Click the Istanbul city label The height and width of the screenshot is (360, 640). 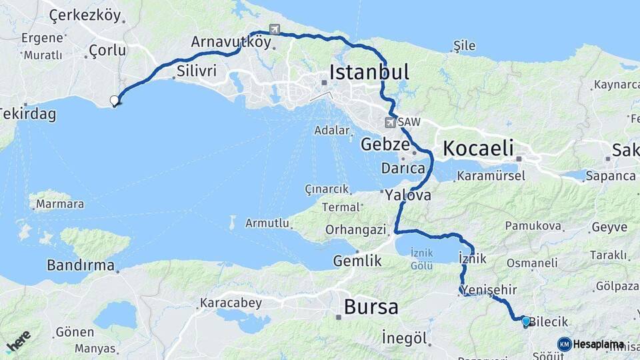click(x=369, y=72)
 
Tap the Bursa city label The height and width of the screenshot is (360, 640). click(x=371, y=307)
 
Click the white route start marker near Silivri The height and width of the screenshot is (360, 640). click(x=115, y=101)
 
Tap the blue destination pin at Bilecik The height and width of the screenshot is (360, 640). click(x=525, y=321)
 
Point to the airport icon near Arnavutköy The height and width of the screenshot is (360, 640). click(x=274, y=29)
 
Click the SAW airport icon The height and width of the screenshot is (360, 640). click(x=390, y=122)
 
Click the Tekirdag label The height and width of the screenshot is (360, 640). click(x=27, y=114)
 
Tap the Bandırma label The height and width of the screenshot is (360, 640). click(x=81, y=265)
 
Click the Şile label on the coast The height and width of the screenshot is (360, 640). click(x=464, y=45)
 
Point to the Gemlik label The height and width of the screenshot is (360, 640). click(x=357, y=261)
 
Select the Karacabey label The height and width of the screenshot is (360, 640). click(x=231, y=303)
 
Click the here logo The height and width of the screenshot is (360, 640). click(x=18, y=340)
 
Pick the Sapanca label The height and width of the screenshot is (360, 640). click(x=611, y=176)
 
